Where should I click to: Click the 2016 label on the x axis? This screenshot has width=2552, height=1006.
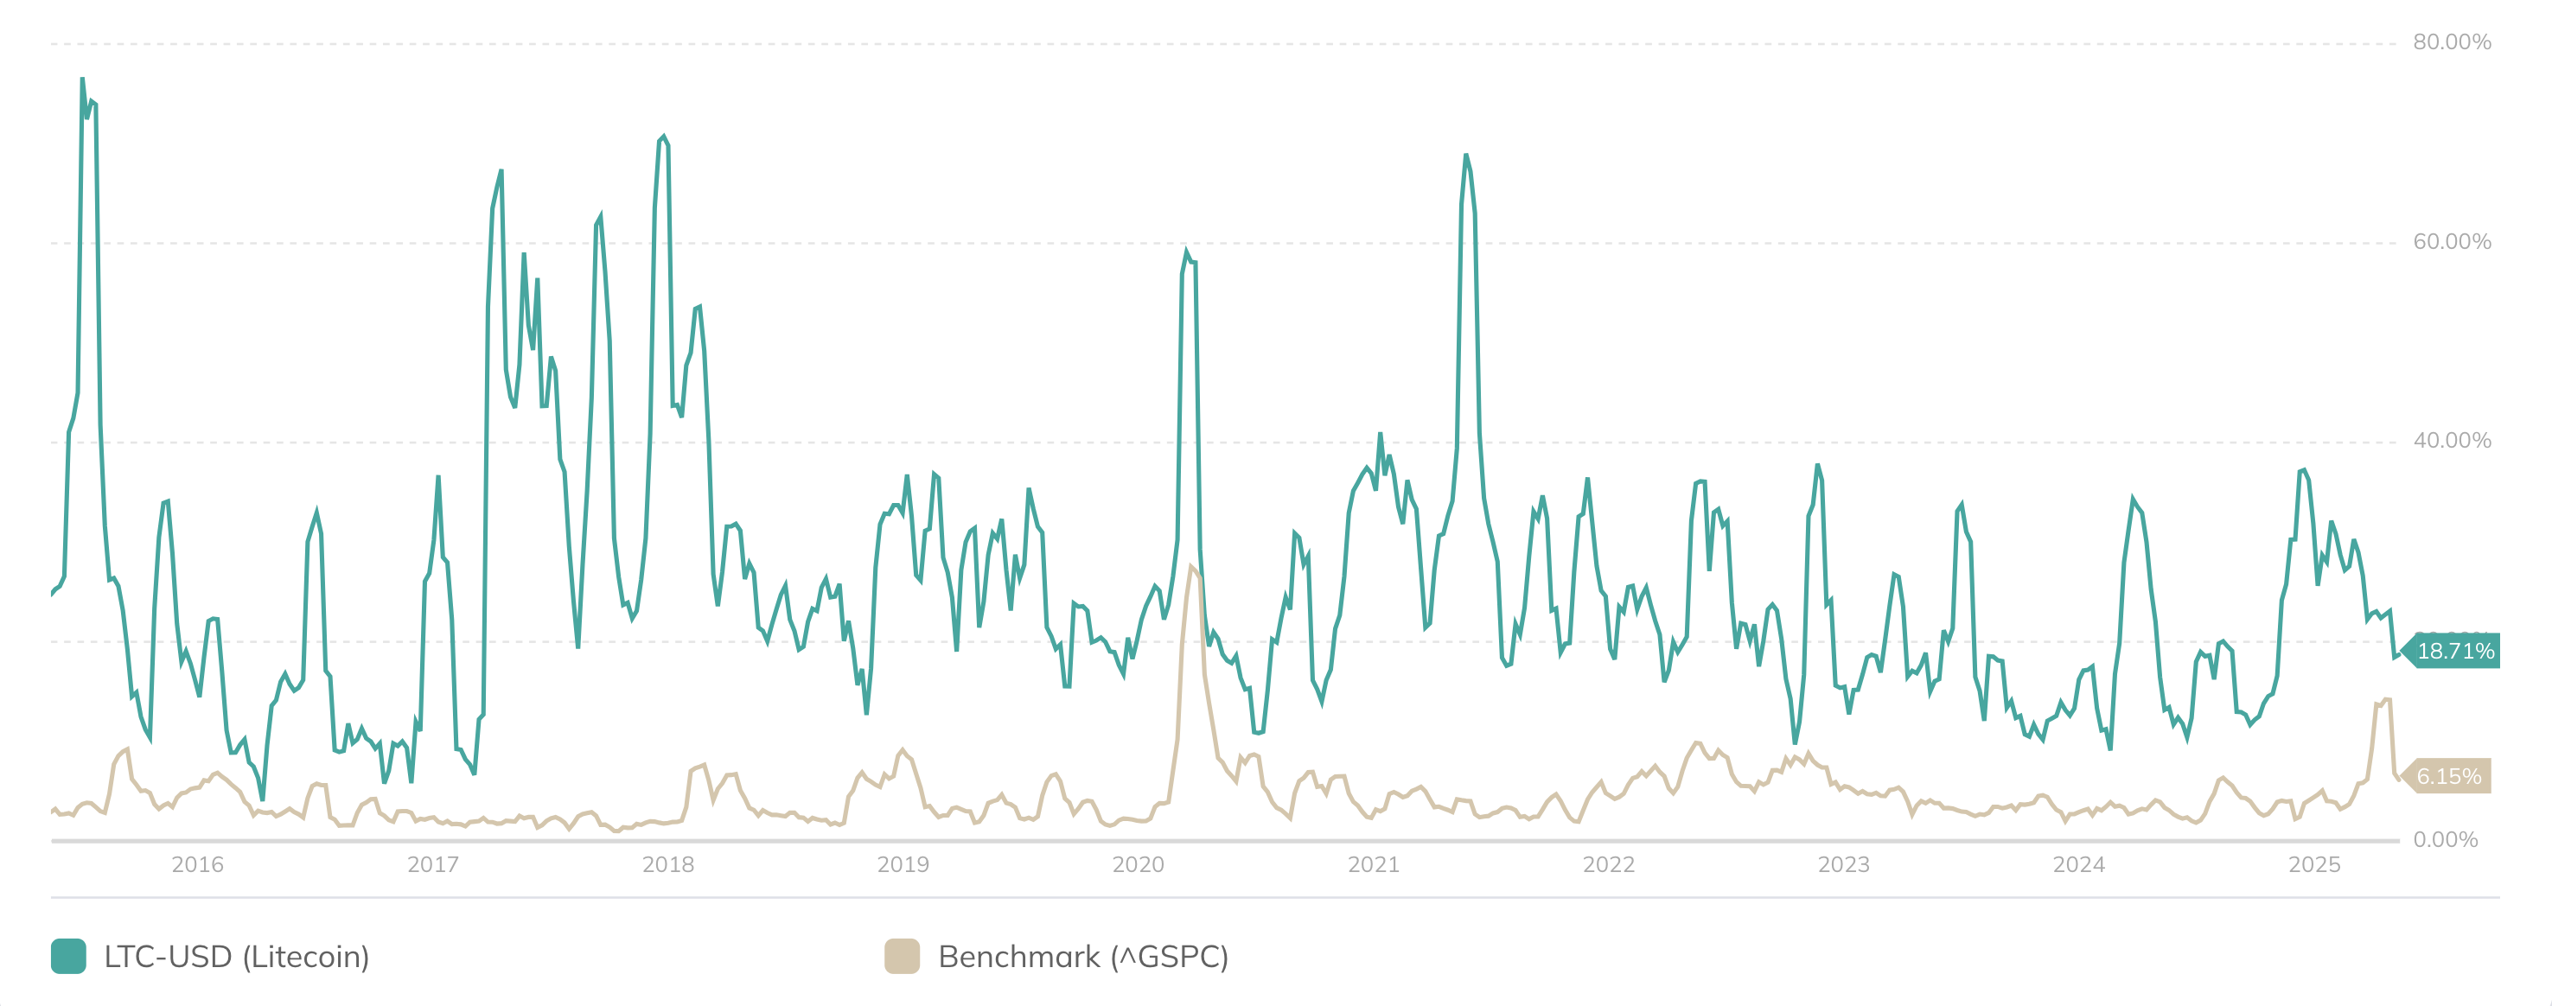click(197, 864)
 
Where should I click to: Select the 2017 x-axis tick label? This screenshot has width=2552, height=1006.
click(433, 864)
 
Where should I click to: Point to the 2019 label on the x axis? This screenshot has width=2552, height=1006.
click(903, 864)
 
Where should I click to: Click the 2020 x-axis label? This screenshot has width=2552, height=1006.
click(1139, 864)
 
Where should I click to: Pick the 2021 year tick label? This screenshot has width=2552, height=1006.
click(1373, 864)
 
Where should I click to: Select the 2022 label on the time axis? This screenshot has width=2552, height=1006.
click(1608, 864)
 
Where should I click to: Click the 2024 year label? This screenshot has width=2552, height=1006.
click(2078, 864)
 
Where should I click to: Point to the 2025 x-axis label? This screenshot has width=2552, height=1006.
click(2313, 864)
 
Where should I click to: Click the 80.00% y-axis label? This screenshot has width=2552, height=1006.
click(2451, 41)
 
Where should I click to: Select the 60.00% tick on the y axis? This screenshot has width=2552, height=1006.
click(2451, 242)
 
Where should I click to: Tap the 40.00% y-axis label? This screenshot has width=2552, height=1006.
click(2451, 441)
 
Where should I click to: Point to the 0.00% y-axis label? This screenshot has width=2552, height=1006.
click(2445, 840)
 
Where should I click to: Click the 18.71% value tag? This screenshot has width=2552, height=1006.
click(2455, 651)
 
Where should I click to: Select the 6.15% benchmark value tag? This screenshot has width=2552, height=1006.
click(2448, 776)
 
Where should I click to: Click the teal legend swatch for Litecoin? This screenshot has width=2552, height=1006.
click(68, 957)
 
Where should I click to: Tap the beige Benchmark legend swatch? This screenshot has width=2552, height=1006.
click(902, 957)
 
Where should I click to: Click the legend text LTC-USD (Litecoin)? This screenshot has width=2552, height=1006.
click(236, 957)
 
